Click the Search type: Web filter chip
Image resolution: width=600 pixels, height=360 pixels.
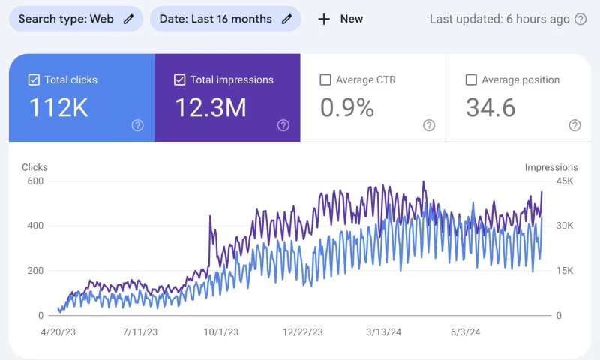coord(76,19)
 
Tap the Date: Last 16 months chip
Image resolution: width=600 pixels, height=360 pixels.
coord(225,19)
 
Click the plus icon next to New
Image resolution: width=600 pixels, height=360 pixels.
coord(324,19)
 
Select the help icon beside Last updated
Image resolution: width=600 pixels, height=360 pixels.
coord(580,19)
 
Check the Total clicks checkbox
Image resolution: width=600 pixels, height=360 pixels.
coord(34,79)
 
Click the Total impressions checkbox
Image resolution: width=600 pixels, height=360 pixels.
coord(180,79)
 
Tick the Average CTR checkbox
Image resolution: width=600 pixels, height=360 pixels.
coord(325,79)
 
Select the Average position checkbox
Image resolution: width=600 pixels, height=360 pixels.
coord(471,79)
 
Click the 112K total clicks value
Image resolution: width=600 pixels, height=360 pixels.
coord(58,108)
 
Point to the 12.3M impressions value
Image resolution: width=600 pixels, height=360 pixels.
coord(211,108)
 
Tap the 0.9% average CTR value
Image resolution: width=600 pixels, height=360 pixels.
coord(347,108)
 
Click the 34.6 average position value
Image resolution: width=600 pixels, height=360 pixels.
coord(490,108)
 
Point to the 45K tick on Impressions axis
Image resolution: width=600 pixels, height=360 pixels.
coord(564,181)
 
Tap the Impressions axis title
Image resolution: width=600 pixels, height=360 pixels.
coord(551,167)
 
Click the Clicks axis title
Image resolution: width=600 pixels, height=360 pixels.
coord(35,167)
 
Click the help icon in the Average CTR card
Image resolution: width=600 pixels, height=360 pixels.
coord(429,125)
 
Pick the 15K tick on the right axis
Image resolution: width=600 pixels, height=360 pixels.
coord(564,271)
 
